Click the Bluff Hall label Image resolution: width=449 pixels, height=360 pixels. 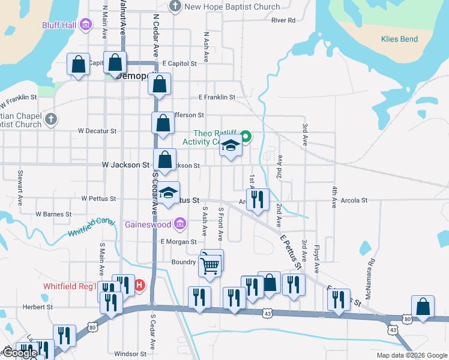[x=58, y=25]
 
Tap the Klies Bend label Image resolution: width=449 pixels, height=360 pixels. [x=399, y=39]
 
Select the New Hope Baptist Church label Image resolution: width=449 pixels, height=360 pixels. [x=232, y=7]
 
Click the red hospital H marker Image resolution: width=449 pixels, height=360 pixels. [x=139, y=285]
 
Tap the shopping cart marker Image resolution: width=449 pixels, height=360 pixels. [x=209, y=264]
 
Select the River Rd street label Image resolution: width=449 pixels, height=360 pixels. [x=283, y=20]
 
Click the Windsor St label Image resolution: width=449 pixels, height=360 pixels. [x=130, y=354]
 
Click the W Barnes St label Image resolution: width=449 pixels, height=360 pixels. [x=53, y=214]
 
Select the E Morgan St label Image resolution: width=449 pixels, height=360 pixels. [x=178, y=241]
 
